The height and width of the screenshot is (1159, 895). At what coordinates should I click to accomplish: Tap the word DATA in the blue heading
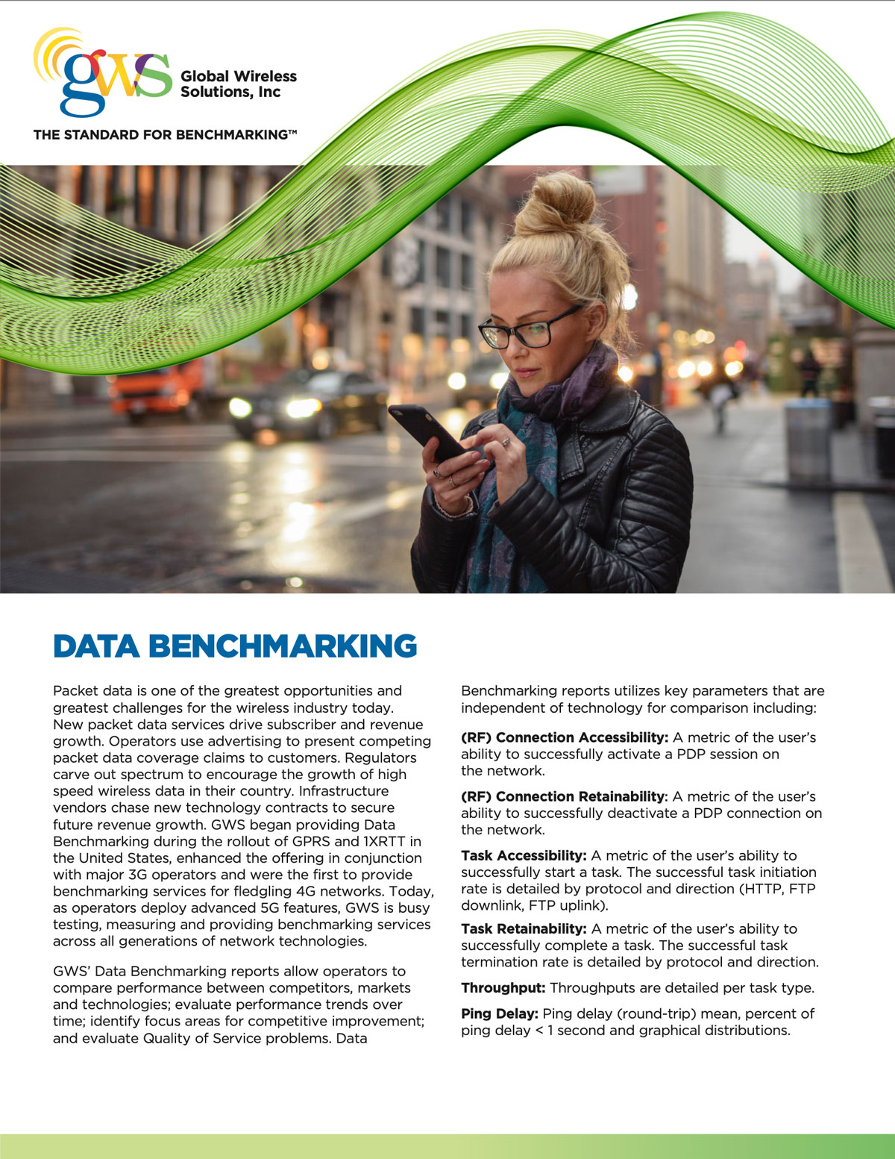[x=95, y=646]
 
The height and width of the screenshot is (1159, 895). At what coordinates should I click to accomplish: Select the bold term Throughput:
[x=503, y=988]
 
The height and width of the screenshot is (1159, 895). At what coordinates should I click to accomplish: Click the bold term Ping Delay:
[x=499, y=1013]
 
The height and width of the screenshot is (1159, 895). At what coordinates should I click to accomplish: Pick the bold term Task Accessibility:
[x=524, y=855]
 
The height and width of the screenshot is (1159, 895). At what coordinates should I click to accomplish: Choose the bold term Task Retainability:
[x=524, y=928]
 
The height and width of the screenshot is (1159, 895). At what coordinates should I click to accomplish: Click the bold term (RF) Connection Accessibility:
[x=564, y=737]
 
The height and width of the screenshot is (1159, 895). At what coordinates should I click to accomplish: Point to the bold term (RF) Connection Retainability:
[x=564, y=796]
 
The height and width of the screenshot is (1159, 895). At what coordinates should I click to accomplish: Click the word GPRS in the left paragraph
[x=313, y=842]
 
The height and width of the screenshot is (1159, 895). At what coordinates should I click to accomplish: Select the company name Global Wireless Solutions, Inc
[x=238, y=84]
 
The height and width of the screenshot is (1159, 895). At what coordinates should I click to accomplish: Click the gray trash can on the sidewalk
[x=808, y=440]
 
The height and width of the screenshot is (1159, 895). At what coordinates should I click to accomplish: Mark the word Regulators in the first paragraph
[x=380, y=758]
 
